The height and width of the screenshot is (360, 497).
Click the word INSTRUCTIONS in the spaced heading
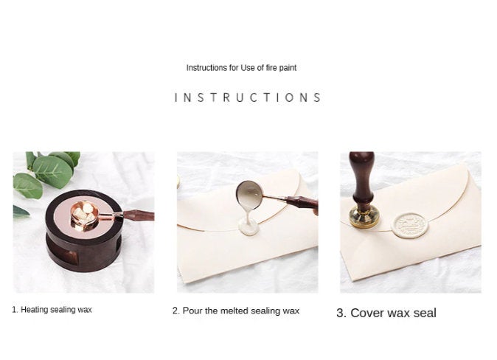click(248, 97)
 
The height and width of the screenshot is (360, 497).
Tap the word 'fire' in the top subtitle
click(272, 68)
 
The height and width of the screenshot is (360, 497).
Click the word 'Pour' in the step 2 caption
click(192, 311)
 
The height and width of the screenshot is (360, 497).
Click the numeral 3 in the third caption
click(340, 313)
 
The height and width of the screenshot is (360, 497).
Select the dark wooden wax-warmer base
click(83, 231)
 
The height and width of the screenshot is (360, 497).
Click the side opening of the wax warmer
click(69, 256)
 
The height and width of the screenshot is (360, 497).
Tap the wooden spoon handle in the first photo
click(139, 215)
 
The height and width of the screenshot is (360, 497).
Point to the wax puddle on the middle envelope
click(248, 226)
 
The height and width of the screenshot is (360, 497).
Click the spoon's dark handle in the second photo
click(302, 202)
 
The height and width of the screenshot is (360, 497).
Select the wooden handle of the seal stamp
click(363, 179)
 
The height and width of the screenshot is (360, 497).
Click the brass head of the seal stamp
click(364, 216)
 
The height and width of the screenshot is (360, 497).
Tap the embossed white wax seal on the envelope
click(410, 225)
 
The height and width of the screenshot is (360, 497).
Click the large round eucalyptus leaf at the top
click(52, 172)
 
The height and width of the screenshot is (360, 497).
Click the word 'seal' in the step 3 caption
click(425, 313)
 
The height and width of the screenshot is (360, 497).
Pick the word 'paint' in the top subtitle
click(288, 68)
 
